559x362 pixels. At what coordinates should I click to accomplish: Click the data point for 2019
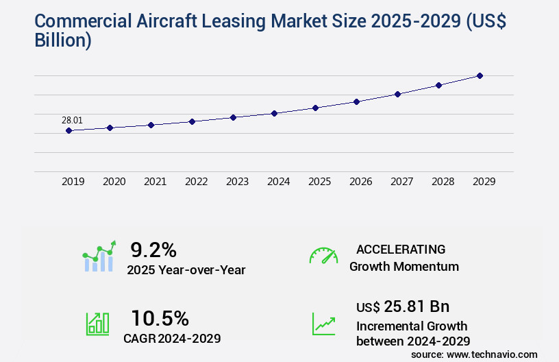pyautogui.click(x=69, y=130)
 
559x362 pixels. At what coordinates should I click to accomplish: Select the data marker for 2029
pyautogui.click(x=480, y=75)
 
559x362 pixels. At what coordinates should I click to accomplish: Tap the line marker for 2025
pyautogui.click(x=315, y=108)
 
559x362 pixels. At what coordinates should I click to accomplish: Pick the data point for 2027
pyautogui.click(x=397, y=94)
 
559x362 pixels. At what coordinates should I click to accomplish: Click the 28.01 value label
pyautogui.click(x=72, y=120)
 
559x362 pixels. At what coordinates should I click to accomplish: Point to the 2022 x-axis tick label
pyautogui.click(x=196, y=182)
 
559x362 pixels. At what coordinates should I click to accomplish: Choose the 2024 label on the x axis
pyautogui.click(x=278, y=182)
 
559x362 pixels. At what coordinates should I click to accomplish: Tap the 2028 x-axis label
pyautogui.click(x=443, y=182)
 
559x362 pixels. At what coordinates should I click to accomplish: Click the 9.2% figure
pyautogui.click(x=153, y=250)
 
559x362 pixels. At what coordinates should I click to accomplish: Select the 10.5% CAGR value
pyautogui.click(x=160, y=318)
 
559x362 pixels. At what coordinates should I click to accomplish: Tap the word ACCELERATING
pyautogui.click(x=401, y=250)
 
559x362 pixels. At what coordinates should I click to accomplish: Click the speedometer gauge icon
pyautogui.click(x=323, y=255)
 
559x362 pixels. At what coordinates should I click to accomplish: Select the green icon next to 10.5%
pyautogui.click(x=97, y=324)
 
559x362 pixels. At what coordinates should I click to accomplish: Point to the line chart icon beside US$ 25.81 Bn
pyautogui.click(x=323, y=324)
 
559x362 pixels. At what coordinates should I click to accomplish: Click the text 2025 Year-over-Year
pyautogui.click(x=186, y=270)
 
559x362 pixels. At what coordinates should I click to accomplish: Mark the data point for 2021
pyautogui.click(x=151, y=125)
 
